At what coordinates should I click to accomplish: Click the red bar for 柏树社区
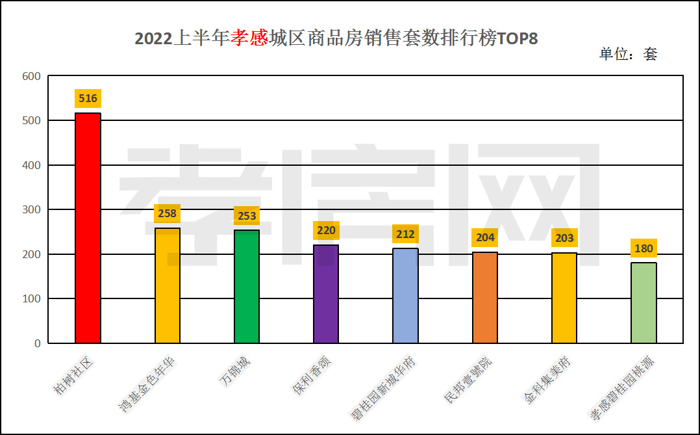pyautogui.click(x=88, y=228)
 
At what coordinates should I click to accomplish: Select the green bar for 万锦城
pyautogui.click(x=247, y=286)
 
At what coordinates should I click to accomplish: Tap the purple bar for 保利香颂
pyautogui.click(x=326, y=294)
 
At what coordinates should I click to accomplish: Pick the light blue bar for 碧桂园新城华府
pyautogui.click(x=405, y=296)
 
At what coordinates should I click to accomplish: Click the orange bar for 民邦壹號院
pyautogui.click(x=485, y=298)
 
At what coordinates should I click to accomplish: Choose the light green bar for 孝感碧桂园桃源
pyautogui.click(x=644, y=303)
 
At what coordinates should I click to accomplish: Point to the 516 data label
pyautogui.click(x=88, y=99)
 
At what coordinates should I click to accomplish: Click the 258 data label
pyautogui.click(x=167, y=213)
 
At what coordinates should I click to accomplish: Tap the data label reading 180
pyautogui.click(x=644, y=248)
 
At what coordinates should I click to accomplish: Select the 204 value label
pyautogui.click(x=485, y=237)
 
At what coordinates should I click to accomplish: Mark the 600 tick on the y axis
pyautogui.click(x=32, y=76)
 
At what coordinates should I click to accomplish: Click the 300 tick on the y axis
pyautogui.click(x=32, y=209)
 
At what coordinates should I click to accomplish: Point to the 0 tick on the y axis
pyautogui.click(x=38, y=343)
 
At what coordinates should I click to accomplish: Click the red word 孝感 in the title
pyautogui.click(x=249, y=39)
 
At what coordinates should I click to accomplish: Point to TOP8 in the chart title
pyautogui.click(x=518, y=39)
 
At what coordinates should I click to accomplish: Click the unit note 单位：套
pyautogui.click(x=628, y=55)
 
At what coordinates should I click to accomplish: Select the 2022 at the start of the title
pyautogui.click(x=153, y=39)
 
